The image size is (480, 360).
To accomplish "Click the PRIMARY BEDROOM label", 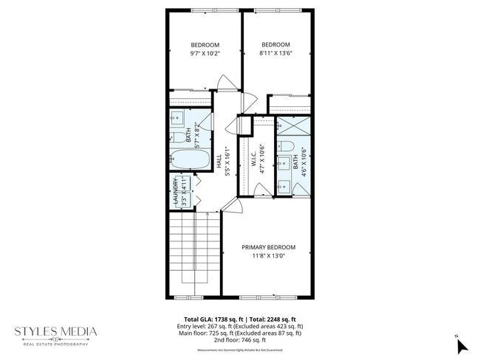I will [x=269, y=247].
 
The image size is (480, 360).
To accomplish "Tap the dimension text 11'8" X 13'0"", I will [x=269, y=257].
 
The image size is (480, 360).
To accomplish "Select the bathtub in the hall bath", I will [x=190, y=159].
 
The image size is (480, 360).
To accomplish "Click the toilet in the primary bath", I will [x=287, y=145].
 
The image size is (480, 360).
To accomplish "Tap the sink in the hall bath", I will [x=178, y=118].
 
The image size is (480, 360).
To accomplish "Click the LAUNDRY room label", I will [x=176, y=191].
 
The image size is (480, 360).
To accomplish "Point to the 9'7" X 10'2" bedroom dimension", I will [x=205, y=54].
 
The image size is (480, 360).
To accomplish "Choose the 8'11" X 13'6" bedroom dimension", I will [x=275, y=54].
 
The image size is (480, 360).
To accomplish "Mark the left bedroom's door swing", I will [x=227, y=83].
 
